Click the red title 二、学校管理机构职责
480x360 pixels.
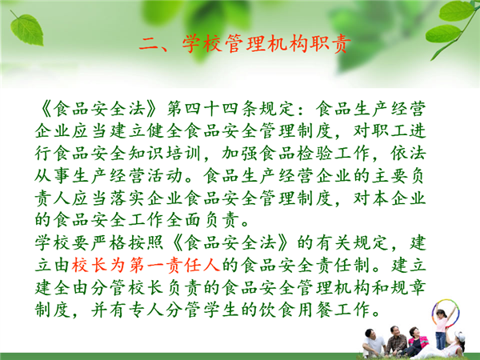pyautogui.click(x=245, y=43)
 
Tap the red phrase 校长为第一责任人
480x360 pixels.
pyautogui.click(x=146, y=265)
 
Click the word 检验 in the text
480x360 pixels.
pyautogui.click(x=314, y=154)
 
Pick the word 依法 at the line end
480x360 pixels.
pyautogui.click(x=408, y=154)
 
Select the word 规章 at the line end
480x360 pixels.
pyautogui.click(x=408, y=288)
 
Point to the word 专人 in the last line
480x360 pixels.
pyautogui.click(x=146, y=310)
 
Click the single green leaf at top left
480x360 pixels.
pyautogui.click(x=27, y=29)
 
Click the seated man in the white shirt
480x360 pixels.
pyautogui.click(x=374, y=343)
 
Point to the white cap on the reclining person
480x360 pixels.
pyautogui.click(x=459, y=336)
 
